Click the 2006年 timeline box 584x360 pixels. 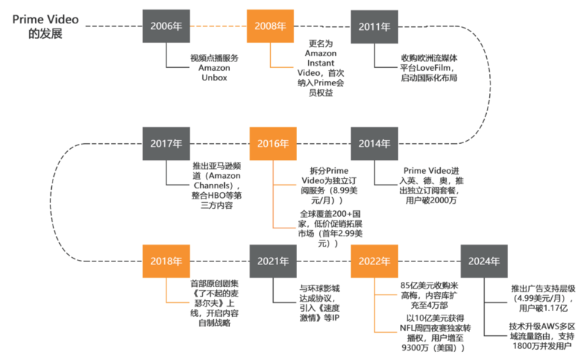[x=166, y=26]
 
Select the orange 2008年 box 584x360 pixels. [x=270, y=26]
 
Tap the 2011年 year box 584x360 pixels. [x=374, y=26]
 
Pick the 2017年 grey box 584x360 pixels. [x=166, y=144]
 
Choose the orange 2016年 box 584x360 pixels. [x=272, y=144]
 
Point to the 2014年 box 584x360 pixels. [x=374, y=144]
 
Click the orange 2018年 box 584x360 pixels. [x=166, y=261]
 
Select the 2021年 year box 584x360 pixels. [x=272, y=261]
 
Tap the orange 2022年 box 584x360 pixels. [x=373, y=261]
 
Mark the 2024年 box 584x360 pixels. [x=484, y=261]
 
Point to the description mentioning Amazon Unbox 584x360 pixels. [x=214, y=67]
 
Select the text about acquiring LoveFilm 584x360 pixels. [x=429, y=67]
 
